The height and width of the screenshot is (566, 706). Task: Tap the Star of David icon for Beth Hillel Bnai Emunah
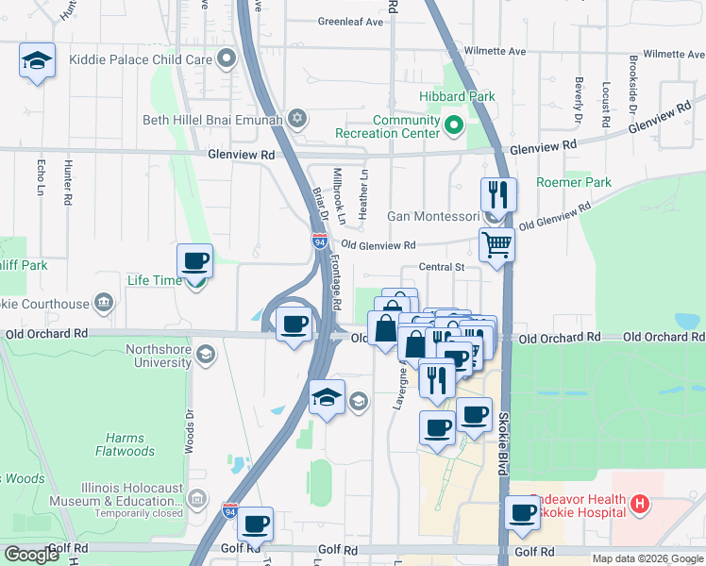[298, 118]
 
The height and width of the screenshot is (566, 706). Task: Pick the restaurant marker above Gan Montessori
[497, 195]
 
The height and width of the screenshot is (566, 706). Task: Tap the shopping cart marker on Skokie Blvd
[496, 244]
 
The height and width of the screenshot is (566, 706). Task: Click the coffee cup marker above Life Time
[195, 260]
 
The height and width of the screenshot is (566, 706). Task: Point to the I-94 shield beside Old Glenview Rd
[320, 241]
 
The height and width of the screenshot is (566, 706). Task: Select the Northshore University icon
[207, 355]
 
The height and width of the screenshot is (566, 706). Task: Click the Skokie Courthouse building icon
[104, 304]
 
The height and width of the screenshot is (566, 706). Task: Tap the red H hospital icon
[641, 505]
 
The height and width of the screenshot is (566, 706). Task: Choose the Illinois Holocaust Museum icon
[196, 497]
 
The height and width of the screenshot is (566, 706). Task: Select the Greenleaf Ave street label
[350, 21]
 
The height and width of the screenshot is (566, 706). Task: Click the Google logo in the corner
[33, 555]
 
